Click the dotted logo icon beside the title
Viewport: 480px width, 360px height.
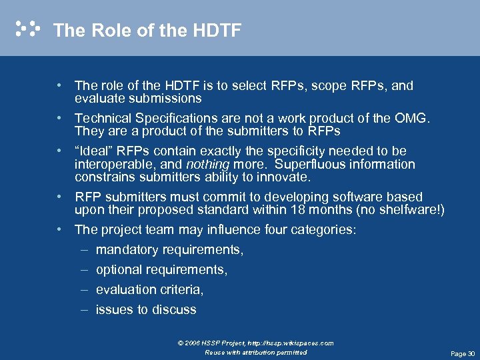(27, 29)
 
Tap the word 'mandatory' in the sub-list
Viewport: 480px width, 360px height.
(124, 250)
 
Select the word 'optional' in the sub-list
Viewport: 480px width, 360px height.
(117, 270)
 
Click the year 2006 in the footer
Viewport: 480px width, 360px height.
(193, 343)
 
